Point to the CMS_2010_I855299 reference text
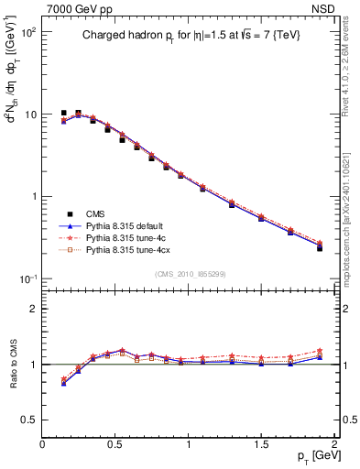(190, 275)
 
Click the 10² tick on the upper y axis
(27, 32)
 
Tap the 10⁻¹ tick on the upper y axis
(27, 278)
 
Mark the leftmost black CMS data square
(63, 114)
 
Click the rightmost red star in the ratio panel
(320, 351)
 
